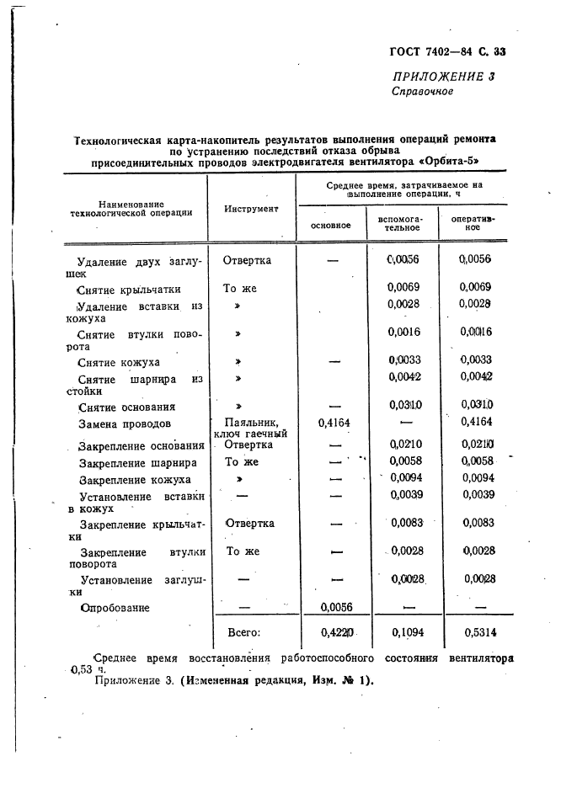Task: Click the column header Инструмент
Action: click(x=251, y=209)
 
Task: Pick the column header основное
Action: click(x=330, y=226)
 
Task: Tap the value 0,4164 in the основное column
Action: click(x=330, y=423)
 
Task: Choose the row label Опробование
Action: click(x=115, y=607)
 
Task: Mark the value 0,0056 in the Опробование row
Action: click(x=330, y=607)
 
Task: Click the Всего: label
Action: click(x=244, y=632)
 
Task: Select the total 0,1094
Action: click(x=403, y=632)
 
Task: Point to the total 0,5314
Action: click(x=474, y=632)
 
